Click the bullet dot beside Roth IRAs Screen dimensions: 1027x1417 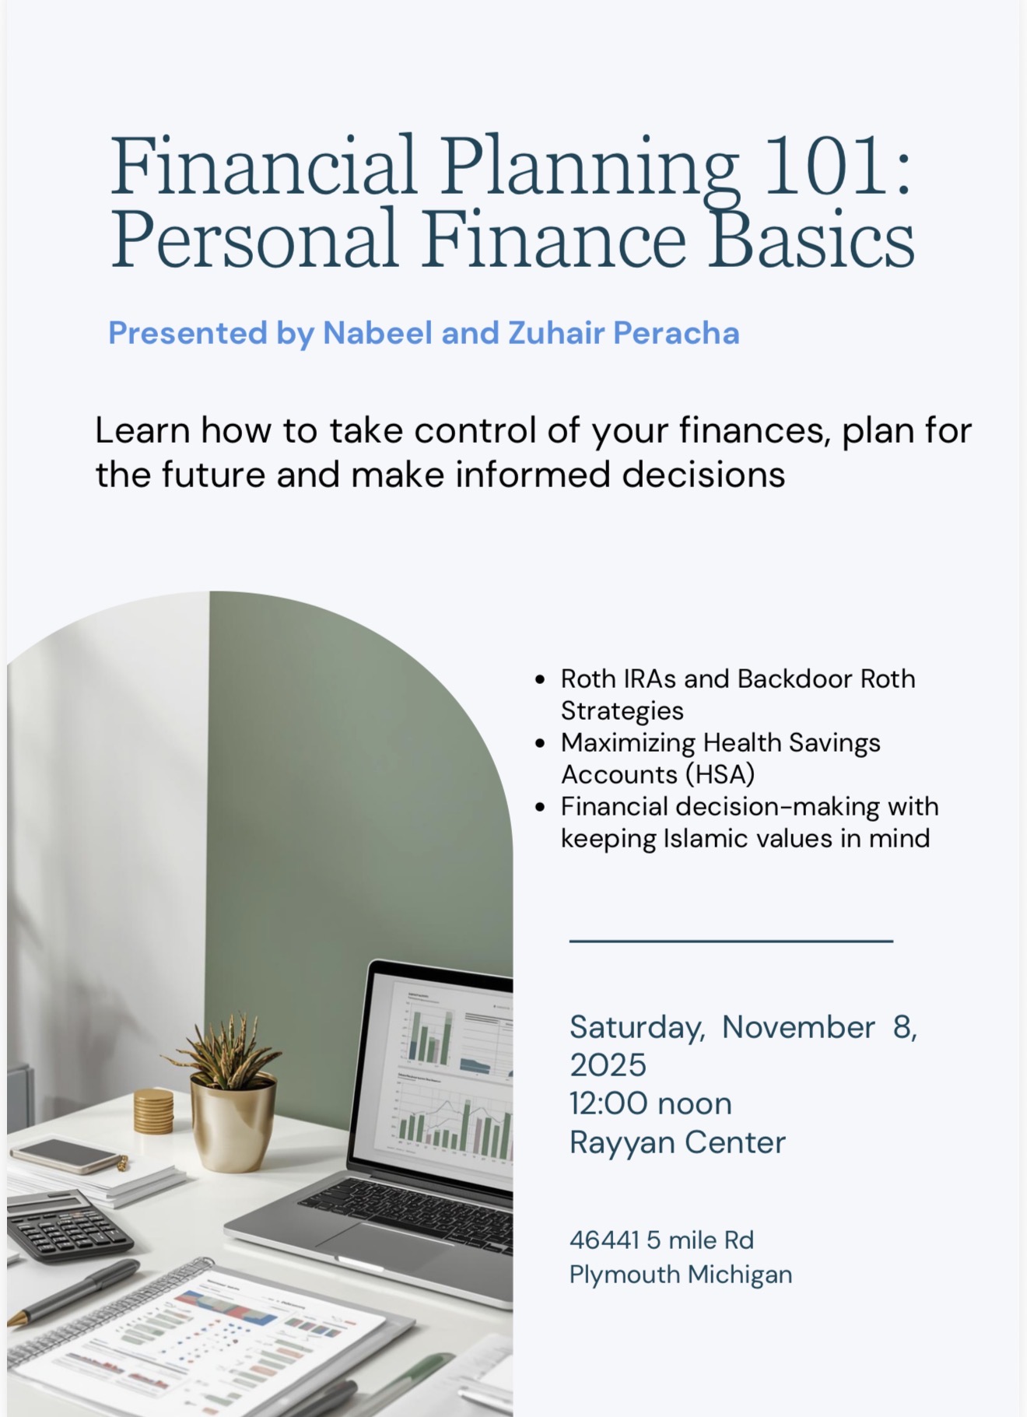pyautogui.click(x=541, y=680)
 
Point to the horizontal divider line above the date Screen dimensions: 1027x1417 pyautogui.click(x=731, y=941)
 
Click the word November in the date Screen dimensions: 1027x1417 pyautogui.click(x=798, y=1027)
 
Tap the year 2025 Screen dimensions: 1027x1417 pyautogui.click(x=608, y=1065)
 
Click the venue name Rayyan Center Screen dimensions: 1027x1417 pyautogui.click(x=678, y=1142)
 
